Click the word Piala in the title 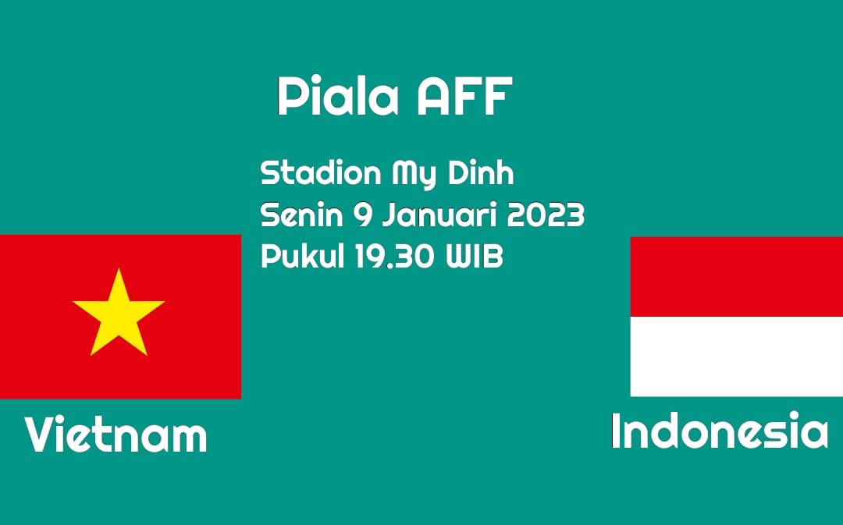[x=339, y=96]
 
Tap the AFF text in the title [x=464, y=96]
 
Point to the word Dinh [x=481, y=172]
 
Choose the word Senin [x=301, y=215]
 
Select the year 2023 [x=546, y=215]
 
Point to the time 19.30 [x=395, y=257]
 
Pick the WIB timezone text [x=475, y=257]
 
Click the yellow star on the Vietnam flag [x=119, y=314]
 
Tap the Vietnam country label [x=116, y=435]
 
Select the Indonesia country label [x=720, y=431]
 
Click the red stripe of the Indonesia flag [x=737, y=277]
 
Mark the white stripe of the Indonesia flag [x=737, y=357]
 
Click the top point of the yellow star [x=119, y=269]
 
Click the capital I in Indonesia [x=616, y=431]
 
